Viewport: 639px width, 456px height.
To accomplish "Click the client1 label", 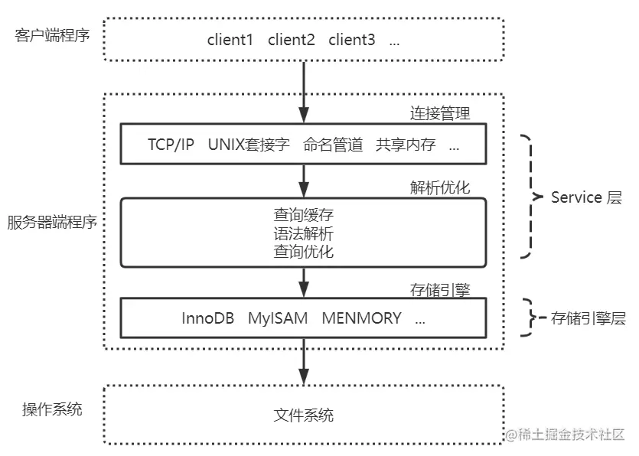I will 230,41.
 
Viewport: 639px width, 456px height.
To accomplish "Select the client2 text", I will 291,41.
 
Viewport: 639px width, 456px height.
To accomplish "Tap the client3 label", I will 352,41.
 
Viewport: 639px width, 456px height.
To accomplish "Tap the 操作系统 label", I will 52,409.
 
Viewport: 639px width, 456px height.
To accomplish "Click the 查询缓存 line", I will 304,215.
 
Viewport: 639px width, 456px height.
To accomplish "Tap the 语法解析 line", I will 304,233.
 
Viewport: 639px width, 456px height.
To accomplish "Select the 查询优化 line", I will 304,252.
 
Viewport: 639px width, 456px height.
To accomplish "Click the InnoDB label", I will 208,318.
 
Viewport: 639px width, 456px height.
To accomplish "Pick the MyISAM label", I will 278,318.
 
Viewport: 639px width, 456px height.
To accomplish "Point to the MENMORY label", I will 361,318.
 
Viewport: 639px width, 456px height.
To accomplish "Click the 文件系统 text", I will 304,415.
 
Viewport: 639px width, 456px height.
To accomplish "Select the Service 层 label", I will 586,197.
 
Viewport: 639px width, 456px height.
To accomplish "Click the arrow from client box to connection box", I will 304,92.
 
